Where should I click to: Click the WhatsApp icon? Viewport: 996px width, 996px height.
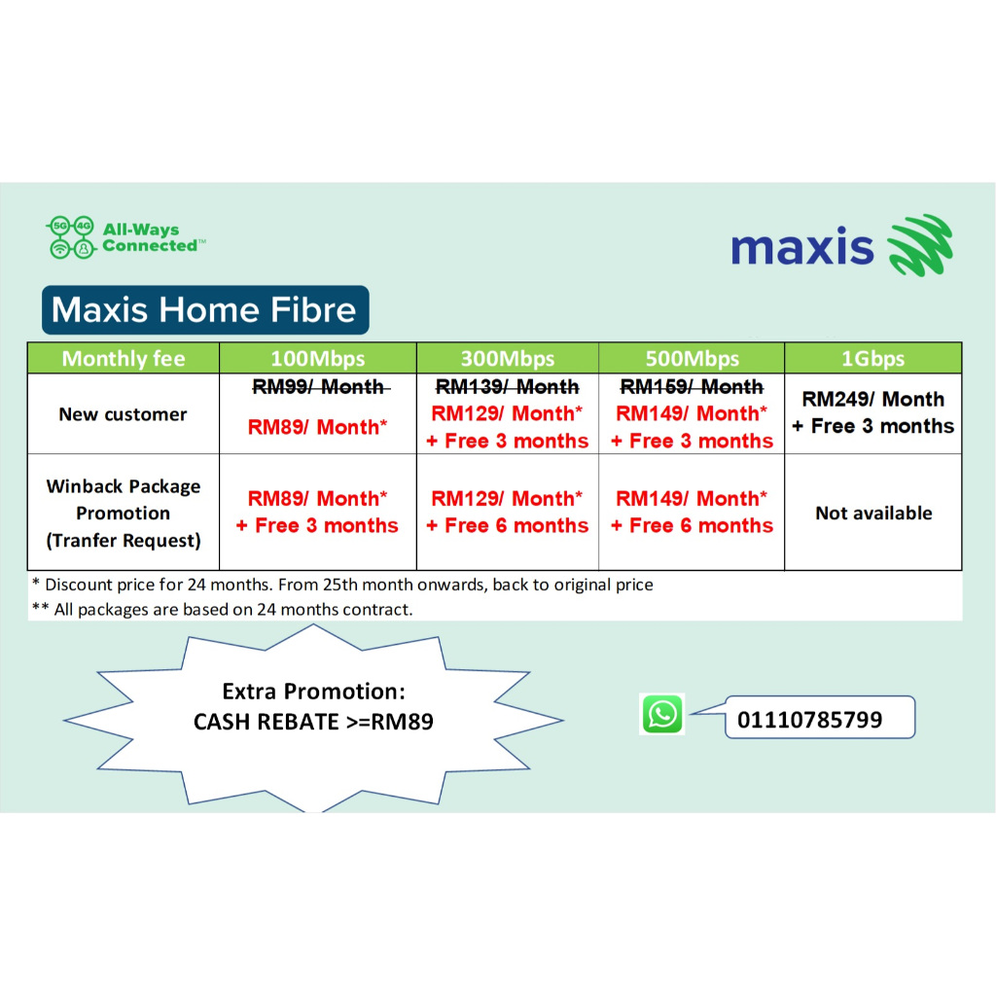(x=662, y=714)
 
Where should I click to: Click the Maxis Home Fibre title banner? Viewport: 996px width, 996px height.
(x=204, y=310)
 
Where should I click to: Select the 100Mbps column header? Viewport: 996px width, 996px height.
(x=317, y=358)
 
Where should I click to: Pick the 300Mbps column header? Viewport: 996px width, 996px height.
(x=507, y=358)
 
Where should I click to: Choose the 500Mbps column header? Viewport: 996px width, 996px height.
(x=692, y=358)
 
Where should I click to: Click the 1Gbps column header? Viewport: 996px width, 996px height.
(x=872, y=358)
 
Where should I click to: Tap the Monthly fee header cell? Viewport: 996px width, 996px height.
(x=124, y=358)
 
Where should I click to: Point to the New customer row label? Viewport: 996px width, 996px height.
(x=123, y=414)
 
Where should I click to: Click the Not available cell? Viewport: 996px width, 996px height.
(x=873, y=513)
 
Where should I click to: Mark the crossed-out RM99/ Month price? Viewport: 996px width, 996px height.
(x=318, y=387)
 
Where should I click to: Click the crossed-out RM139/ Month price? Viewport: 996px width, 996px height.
(x=507, y=387)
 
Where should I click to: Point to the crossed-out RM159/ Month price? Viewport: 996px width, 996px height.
(x=692, y=387)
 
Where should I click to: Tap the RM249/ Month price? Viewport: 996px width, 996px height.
(x=873, y=400)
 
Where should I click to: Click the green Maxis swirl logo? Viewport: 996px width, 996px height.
(x=919, y=245)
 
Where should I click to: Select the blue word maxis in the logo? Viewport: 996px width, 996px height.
(x=802, y=247)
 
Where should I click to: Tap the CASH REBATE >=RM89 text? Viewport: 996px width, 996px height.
(x=313, y=722)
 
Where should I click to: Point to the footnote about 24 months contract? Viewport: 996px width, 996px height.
(x=223, y=610)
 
